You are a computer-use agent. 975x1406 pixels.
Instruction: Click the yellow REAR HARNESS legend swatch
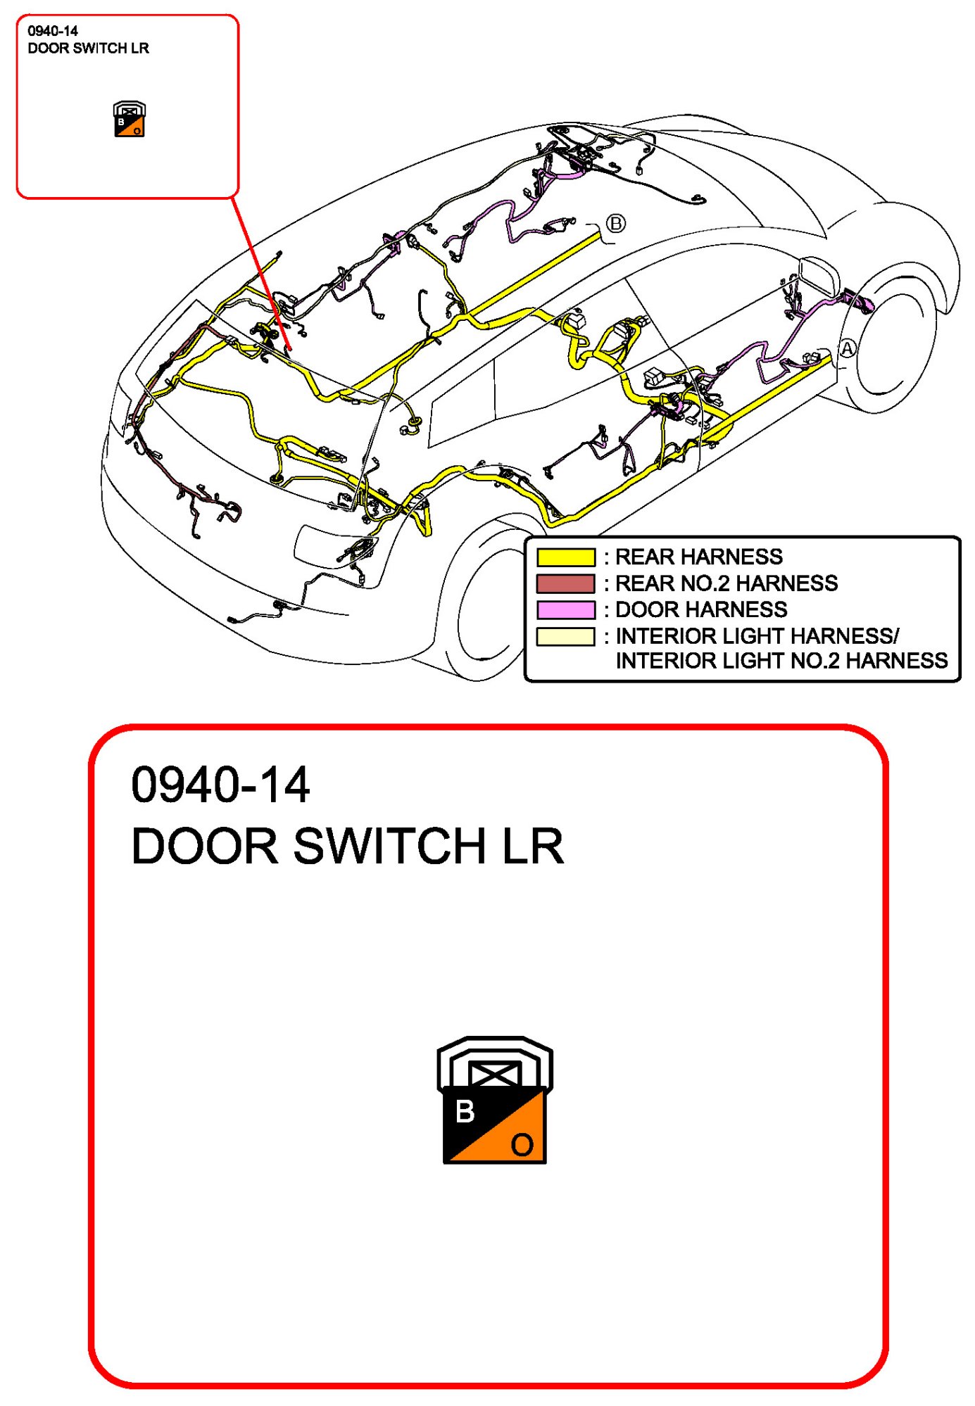click(x=565, y=557)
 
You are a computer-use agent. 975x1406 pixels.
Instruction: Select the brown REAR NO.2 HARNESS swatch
click(x=565, y=583)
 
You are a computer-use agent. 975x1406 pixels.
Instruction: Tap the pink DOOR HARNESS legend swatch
click(x=565, y=609)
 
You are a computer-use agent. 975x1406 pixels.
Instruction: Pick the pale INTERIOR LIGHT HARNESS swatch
click(x=565, y=636)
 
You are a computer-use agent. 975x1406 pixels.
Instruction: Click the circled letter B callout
click(x=615, y=224)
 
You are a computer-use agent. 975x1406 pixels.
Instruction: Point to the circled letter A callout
click(x=847, y=348)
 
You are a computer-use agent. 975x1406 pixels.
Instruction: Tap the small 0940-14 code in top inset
click(x=53, y=31)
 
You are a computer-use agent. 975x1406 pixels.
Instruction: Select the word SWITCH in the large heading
click(x=389, y=845)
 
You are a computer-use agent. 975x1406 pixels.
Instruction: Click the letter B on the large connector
click(x=465, y=1112)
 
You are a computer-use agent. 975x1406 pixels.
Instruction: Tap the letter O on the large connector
click(x=522, y=1145)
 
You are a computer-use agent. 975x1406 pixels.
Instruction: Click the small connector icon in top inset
click(x=130, y=119)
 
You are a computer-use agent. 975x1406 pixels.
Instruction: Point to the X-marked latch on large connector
click(x=495, y=1074)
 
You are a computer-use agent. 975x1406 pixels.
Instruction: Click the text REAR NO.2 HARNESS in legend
click(x=726, y=583)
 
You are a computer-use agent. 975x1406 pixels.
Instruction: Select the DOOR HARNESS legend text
click(x=701, y=609)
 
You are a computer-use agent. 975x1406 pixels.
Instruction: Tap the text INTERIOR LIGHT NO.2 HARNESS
click(x=781, y=661)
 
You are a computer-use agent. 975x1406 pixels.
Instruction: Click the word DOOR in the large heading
click(x=205, y=845)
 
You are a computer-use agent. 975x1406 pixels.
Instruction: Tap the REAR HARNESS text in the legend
click(x=698, y=557)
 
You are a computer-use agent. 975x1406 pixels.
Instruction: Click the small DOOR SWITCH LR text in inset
click(x=88, y=49)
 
